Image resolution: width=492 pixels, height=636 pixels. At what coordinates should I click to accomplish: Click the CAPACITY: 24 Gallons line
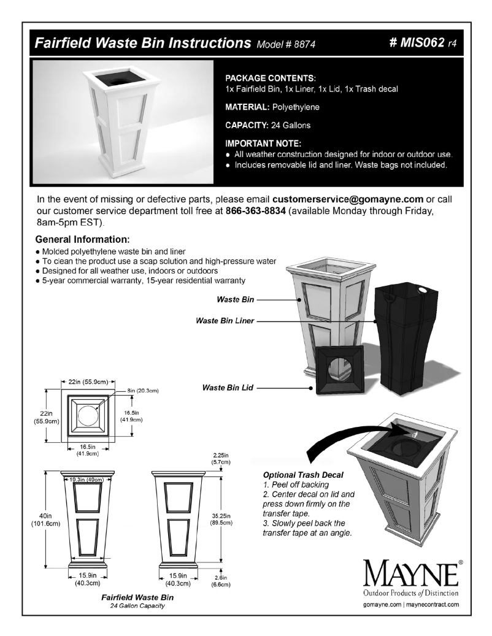(267, 125)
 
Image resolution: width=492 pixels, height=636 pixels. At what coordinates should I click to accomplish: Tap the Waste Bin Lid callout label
(229, 388)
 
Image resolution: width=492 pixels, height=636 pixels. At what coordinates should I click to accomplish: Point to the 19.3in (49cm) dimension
(86, 479)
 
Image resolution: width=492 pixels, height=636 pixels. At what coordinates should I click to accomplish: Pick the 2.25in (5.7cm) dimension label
(218, 458)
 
